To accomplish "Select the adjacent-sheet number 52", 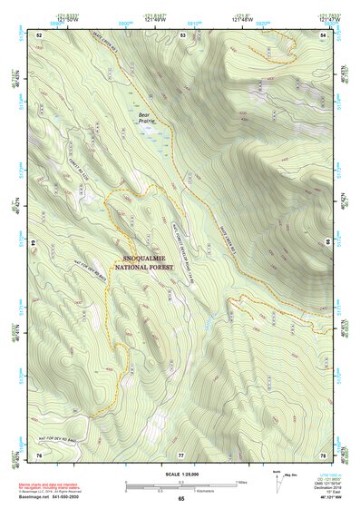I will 40,34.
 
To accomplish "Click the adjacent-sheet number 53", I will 182,34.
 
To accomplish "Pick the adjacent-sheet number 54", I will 323,34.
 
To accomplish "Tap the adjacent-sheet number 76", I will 40,454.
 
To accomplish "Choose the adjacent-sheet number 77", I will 181,454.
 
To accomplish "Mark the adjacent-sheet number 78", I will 323,454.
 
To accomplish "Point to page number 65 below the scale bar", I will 181,499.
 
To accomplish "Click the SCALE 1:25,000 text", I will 181,474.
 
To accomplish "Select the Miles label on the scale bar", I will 240,482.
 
